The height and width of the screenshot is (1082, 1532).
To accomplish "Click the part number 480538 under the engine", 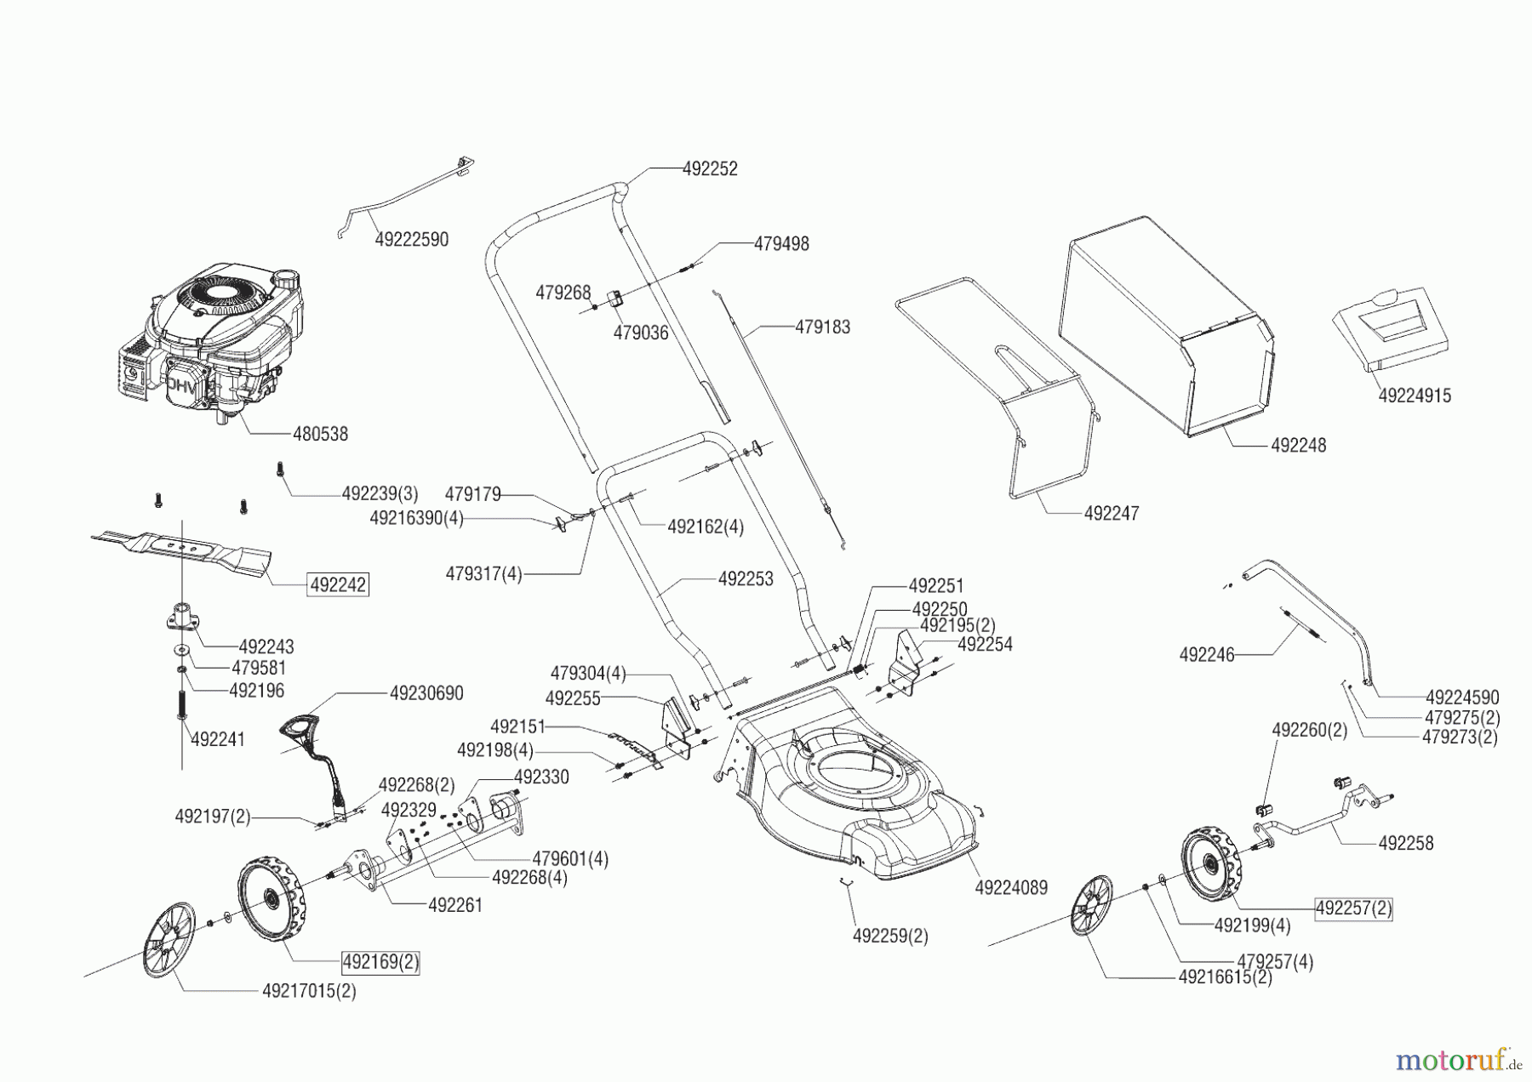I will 320,435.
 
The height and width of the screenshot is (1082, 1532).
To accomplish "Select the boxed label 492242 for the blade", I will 339,585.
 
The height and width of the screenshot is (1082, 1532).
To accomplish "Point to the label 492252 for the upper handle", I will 710,169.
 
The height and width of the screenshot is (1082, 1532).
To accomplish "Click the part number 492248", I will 1298,446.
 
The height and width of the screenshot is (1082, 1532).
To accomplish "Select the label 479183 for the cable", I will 822,327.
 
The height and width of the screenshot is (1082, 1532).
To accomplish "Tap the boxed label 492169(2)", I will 380,963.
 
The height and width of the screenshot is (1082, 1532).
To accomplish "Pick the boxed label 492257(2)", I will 1353,908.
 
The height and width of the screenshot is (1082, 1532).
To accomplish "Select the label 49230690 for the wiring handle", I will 426,694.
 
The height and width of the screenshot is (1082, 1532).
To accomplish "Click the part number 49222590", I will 411,240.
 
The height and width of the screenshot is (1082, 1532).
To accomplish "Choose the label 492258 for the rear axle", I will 1405,843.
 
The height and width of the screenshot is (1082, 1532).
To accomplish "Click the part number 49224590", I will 1462,698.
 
